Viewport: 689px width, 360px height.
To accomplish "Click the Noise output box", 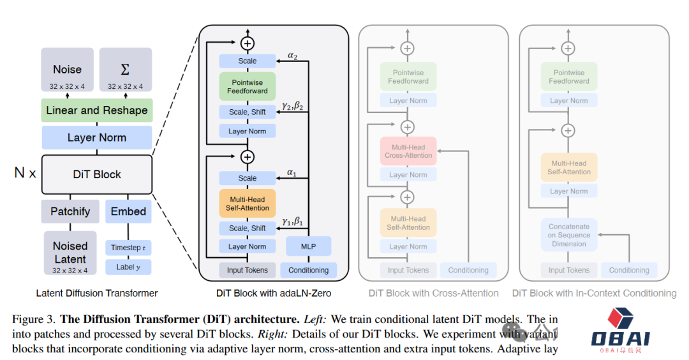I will click(x=68, y=70).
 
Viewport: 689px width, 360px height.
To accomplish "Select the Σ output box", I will click(x=125, y=70).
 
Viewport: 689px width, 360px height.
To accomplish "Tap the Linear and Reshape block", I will click(x=97, y=110).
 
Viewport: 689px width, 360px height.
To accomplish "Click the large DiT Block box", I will click(x=97, y=174).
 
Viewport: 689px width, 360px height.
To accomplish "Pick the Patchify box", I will click(x=70, y=211).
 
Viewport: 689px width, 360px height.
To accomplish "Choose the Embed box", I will click(x=128, y=211).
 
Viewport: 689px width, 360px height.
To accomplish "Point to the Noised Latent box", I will click(x=70, y=253).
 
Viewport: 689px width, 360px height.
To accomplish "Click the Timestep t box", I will click(x=128, y=248).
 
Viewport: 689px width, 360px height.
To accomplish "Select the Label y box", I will click(x=128, y=267).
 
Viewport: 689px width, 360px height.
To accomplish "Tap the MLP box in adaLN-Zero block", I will click(x=308, y=246).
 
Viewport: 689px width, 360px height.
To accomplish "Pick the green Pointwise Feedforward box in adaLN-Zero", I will click(x=248, y=86).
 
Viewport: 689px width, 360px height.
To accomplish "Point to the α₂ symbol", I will click(x=292, y=56).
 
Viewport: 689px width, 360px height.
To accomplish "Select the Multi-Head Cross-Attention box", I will click(x=408, y=151).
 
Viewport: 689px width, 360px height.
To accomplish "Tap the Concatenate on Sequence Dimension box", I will click(x=569, y=235).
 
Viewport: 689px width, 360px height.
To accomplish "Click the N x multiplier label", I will click(x=25, y=173).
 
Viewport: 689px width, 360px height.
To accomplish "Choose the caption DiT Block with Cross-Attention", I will click(x=434, y=293).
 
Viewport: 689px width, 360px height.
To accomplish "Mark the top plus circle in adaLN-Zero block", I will click(x=248, y=43).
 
